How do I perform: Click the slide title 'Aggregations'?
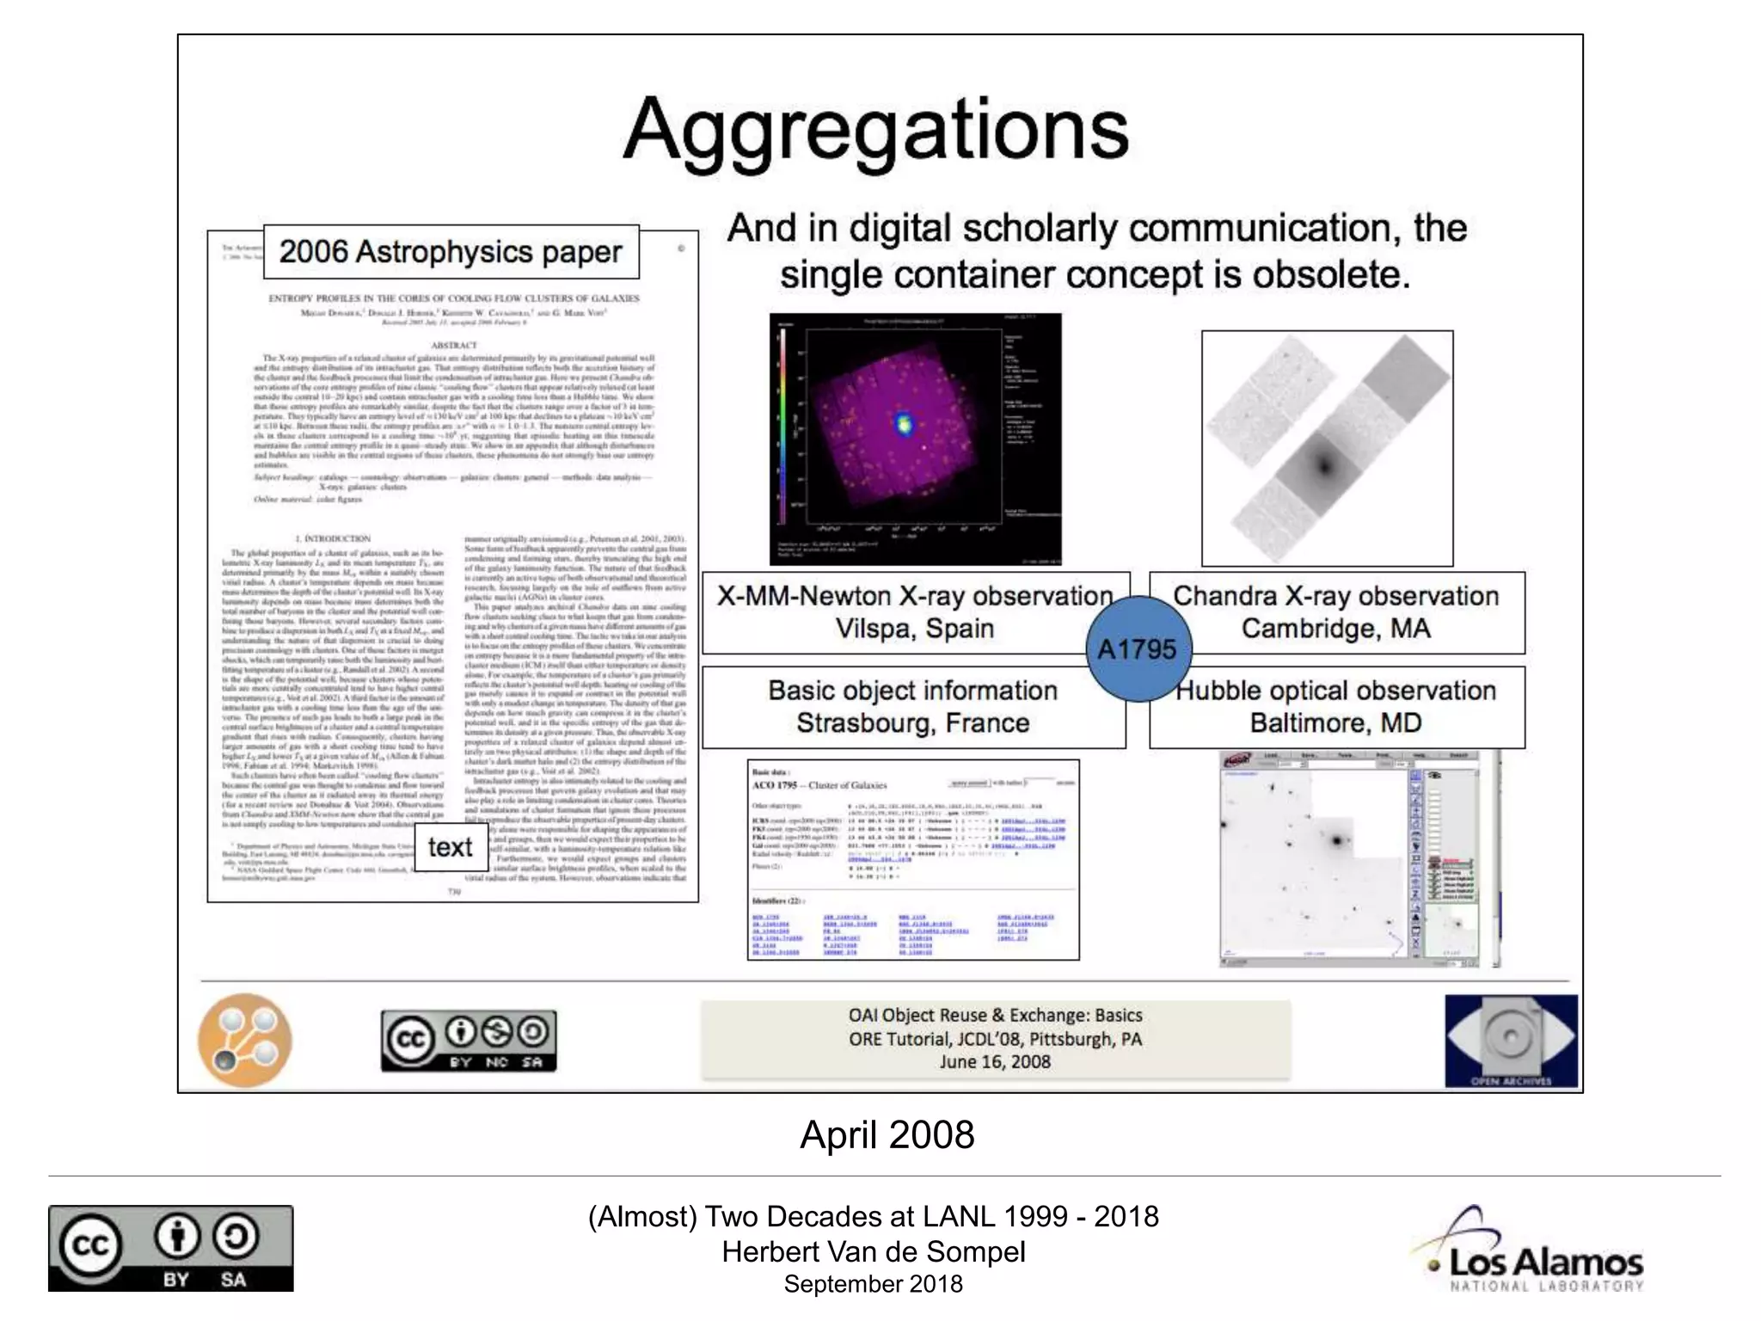(875, 131)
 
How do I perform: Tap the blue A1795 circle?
(1137, 648)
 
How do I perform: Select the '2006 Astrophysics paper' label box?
(451, 252)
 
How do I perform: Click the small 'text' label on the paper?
(450, 847)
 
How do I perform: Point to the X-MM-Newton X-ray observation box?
(914, 612)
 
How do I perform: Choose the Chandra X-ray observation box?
(1336, 612)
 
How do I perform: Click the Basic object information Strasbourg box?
(912, 707)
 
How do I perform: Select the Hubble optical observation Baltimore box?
(1336, 707)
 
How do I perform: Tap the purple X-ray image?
(915, 439)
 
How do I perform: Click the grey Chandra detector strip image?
(1327, 448)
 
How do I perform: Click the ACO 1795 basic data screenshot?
(912, 859)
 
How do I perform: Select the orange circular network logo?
(245, 1040)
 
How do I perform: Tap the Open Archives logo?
(1511, 1041)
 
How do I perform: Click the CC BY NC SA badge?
(469, 1041)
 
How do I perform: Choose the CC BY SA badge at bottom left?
(170, 1248)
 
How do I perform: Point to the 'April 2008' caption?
(887, 1135)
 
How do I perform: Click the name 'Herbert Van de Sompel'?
(874, 1252)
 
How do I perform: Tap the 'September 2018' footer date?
(873, 1284)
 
